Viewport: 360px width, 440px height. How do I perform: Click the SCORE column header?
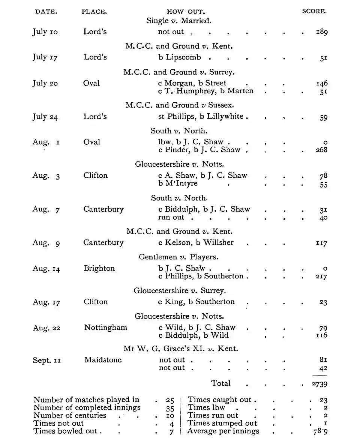click(x=314, y=11)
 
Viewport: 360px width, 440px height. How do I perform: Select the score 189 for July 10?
click(x=321, y=32)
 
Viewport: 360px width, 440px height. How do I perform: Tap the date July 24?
click(x=45, y=117)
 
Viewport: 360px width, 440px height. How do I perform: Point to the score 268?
click(x=321, y=150)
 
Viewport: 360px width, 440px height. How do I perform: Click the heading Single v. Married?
click(x=179, y=21)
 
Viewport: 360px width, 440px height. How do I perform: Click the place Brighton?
click(x=99, y=268)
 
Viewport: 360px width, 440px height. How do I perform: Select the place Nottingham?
click(x=105, y=328)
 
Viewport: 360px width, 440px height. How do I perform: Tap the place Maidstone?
click(x=103, y=360)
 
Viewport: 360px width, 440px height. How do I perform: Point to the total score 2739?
click(x=319, y=384)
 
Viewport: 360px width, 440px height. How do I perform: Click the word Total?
click(x=221, y=383)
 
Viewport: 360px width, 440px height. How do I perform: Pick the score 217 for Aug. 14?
click(x=321, y=277)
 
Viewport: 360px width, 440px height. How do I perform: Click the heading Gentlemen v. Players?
click(x=178, y=257)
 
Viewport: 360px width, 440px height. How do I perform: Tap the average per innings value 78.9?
click(x=320, y=431)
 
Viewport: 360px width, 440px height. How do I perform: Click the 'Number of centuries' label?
click(x=70, y=415)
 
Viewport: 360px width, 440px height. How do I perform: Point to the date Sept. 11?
click(x=46, y=361)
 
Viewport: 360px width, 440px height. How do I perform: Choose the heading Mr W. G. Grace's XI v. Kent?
click(x=180, y=349)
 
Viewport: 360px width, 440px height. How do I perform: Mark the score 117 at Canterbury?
click(x=321, y=243)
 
